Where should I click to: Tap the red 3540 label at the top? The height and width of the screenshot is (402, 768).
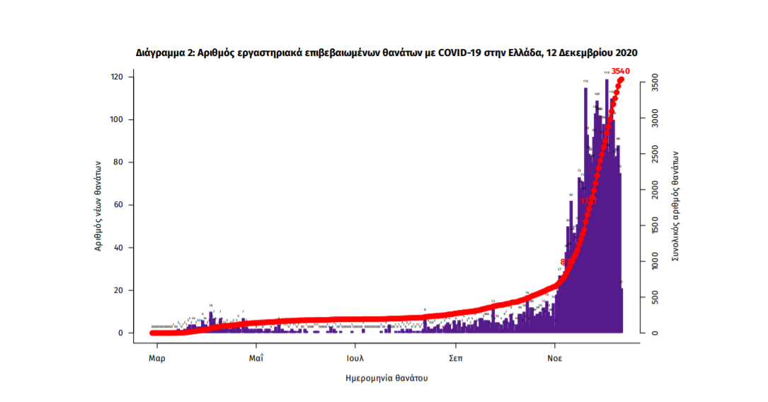(x=620, y=70)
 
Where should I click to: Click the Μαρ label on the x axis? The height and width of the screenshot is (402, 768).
(x=157, y=358)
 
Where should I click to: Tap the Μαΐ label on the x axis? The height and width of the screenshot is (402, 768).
(x=256, y=358)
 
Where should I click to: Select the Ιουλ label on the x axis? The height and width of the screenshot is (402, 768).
(x=356, y=358)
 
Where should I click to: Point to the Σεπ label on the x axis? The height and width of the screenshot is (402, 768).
(x=456, y=358)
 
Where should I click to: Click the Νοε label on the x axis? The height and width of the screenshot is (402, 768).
(x=555, y=358)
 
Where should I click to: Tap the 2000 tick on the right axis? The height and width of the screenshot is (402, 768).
(x=655, y=190)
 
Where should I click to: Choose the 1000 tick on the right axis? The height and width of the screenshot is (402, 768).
(x=655, y=262)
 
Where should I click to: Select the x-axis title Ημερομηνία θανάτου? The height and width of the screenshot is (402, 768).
(x=386, y=379)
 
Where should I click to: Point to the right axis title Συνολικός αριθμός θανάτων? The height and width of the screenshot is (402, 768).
(x=675, y=206)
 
